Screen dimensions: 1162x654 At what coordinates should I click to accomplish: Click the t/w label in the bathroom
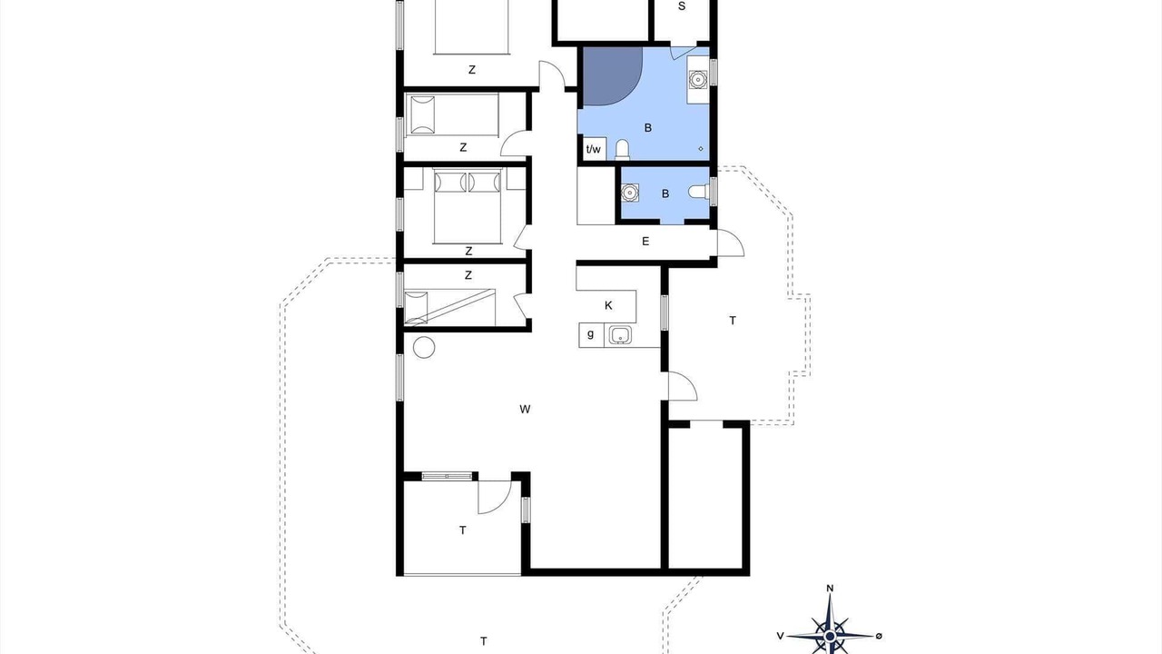[x=593, y=150]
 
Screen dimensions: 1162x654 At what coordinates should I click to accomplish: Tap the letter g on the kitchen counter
[x=590, y=333]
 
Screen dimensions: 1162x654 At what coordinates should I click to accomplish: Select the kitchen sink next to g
[x=619, y=335]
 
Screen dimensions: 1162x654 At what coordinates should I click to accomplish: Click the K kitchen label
[x=608, y=305]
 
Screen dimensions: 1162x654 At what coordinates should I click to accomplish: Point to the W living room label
[x=525, y=409]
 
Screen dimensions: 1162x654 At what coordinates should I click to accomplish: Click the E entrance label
[x=645, y=241]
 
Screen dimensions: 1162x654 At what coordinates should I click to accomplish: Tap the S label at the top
[x=682, y=6]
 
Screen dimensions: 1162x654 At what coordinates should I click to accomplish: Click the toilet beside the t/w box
[x=622, y=149]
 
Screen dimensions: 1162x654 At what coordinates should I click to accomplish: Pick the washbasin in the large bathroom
[x=698, y=79]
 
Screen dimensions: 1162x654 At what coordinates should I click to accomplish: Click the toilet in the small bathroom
[x=699, y=192]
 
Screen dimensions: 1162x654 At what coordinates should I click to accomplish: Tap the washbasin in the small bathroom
[x=630, y=193]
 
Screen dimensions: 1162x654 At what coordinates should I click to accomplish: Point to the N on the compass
[x=830, y=588]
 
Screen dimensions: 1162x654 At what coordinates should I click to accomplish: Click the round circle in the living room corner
[x=424, y=347]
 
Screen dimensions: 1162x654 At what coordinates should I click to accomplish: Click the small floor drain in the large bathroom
[x=701, y=148]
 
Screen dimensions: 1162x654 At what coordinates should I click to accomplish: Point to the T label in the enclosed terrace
[x=462, y=530]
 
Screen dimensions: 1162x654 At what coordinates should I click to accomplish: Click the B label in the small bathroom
[x=665, y=193]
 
